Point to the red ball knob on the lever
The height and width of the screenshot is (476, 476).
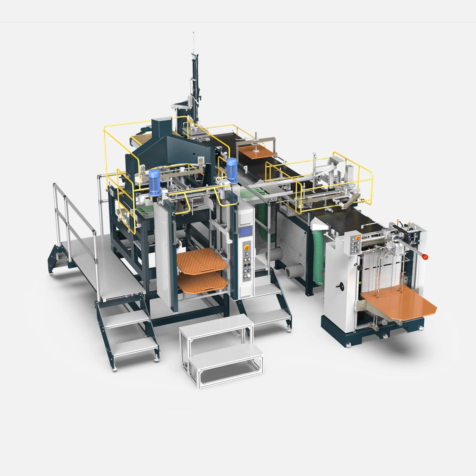click(426, 257)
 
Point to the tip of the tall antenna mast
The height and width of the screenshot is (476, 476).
click(193, 33)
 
